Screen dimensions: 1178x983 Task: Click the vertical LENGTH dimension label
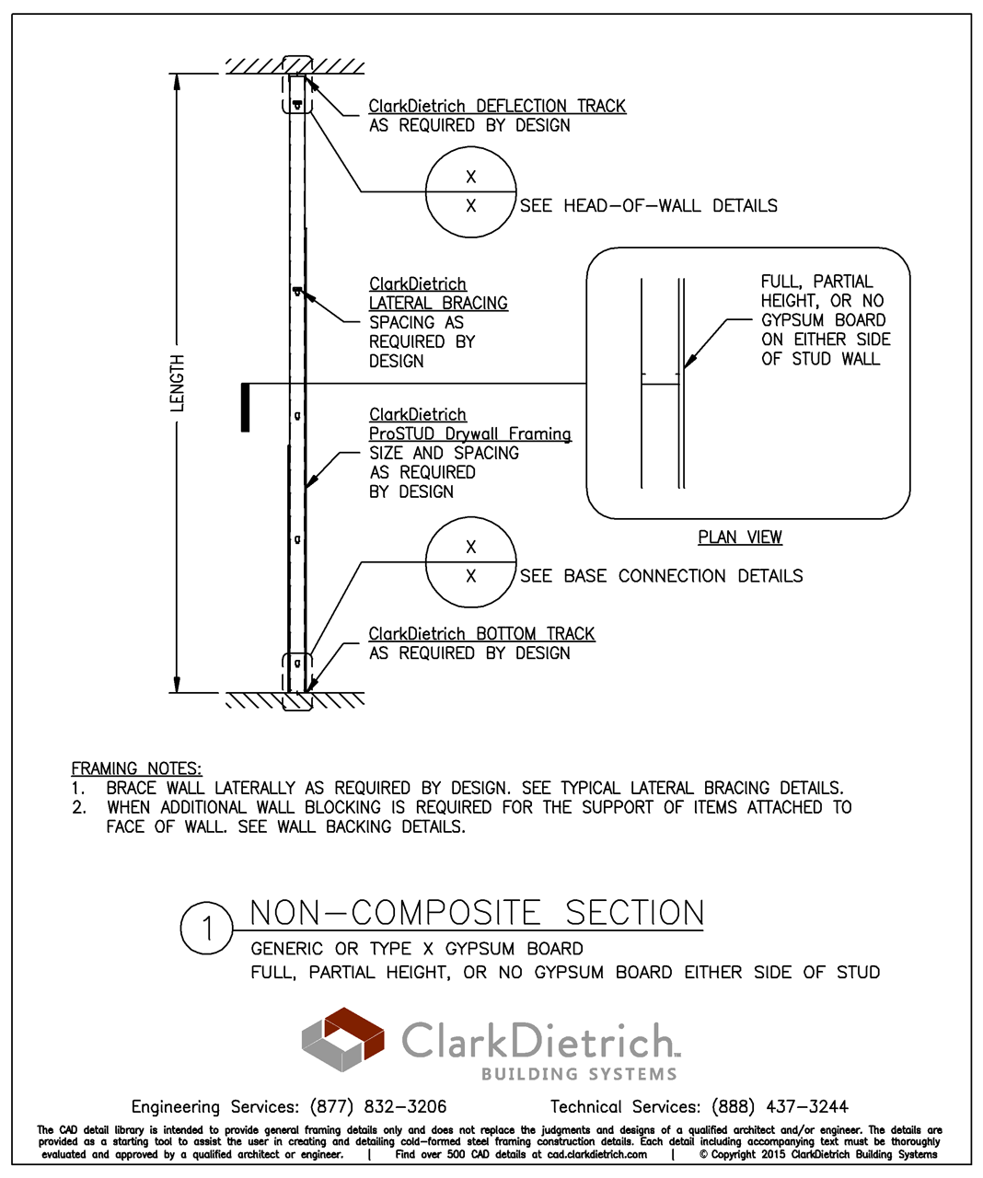pyautogui.click(x=177, y=383)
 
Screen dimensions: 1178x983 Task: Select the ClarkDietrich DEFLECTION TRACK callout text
pyautogui.click(x=497, y=107)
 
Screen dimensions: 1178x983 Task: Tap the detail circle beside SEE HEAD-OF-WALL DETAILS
pyautogui.click(x=470, y=191)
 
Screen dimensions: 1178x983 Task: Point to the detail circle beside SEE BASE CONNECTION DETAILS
pyautogui.click(x=470, y=562)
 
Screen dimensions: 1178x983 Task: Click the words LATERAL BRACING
pyautogui.click(x=438, y=304)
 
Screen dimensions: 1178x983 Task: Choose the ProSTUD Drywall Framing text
pyautogui.click(x=469, y=434)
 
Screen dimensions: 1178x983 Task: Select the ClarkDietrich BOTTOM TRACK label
pyautogui.click(x=481, y=634)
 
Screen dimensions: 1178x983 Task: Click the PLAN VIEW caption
pyautogui.click(x=740, y=537)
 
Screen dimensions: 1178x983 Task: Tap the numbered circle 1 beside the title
pyautogui.click(x=207, y=929)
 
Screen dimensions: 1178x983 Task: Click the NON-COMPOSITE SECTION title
pyautogui.click(x=477, y=913)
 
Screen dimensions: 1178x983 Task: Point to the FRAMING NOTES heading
pyautogui.click(x=136, y=768)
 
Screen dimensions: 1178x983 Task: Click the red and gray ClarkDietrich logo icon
pyautogui.click(x=343, y=1039)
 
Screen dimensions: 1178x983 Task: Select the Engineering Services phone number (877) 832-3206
pyautogui.click(x=378, y=1107)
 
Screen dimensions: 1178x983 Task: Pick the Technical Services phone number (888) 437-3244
pyautogui.click(x=780, y=1107)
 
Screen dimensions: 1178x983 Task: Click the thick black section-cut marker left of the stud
pyautogui.click(x=245, y=407)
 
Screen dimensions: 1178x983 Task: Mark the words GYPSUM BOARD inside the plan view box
pyautogui.click(x=823, y=320)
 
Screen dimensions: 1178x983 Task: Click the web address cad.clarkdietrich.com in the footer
pyautogui.click(x=596, y=1154)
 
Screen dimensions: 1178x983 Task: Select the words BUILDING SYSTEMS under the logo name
pyautogui.click(x=579, y=1074)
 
